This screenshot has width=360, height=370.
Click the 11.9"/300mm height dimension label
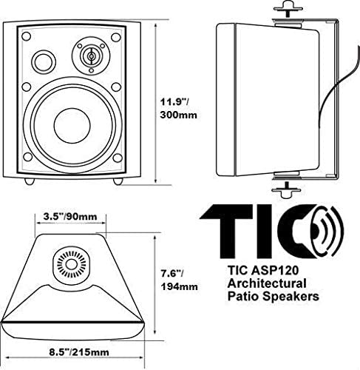pyautogui.click(x=179, y=108)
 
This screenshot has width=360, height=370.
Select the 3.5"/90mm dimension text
pyautogui.click(x=70, y=217)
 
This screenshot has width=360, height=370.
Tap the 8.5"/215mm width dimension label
pyautogui.click(x=79, y=352)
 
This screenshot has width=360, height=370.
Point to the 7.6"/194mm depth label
pyautogui.click(x=179, y=280)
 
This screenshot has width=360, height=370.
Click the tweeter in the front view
pyautogui.click(x=91, y=56)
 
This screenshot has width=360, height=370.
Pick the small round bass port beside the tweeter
pyautogui.click(x=44, y=61)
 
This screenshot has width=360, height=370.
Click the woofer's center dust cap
pyautogui.click(x=72, y=125)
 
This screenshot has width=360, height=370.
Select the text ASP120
pyautogui.click(x=275, y=270)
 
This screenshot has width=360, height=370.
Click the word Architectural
pyautogui.click(x=267, y=283)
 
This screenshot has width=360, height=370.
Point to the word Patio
pyautogui.click(x=242, y=296)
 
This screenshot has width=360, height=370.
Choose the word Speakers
pyautogui.click(x=291, y=297)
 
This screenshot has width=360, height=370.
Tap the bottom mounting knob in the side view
pyautogui.click(x=286, y=191)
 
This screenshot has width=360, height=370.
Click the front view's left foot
pyautogui.click(x=30, y=181)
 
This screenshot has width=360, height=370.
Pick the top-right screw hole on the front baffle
pyautogui.click(x=116, y=37)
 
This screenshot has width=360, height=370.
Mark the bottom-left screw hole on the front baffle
pyautogui.click(x=27, y=157)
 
